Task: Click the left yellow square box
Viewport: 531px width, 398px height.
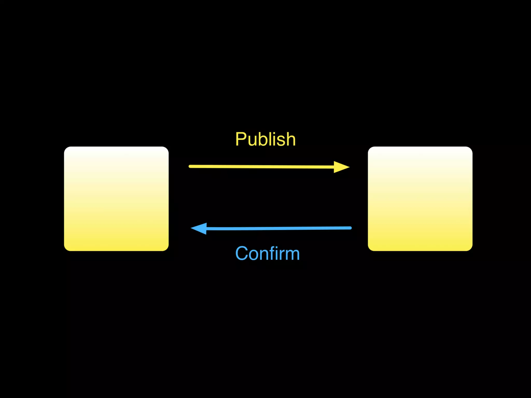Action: pos(116,199)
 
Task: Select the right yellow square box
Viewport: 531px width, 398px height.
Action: pos(420,199)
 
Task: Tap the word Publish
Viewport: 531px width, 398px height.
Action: pos(265,139)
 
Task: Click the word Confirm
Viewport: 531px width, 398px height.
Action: pos(267,253)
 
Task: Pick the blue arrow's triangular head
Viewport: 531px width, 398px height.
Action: pos(200,229)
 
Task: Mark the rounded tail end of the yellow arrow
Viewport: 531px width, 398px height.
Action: pos(190,166)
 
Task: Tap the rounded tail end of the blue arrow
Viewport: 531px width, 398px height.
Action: pos(350,228)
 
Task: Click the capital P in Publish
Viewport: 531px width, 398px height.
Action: pos(241,139)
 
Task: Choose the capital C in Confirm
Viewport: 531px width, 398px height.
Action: pos(242,253)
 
